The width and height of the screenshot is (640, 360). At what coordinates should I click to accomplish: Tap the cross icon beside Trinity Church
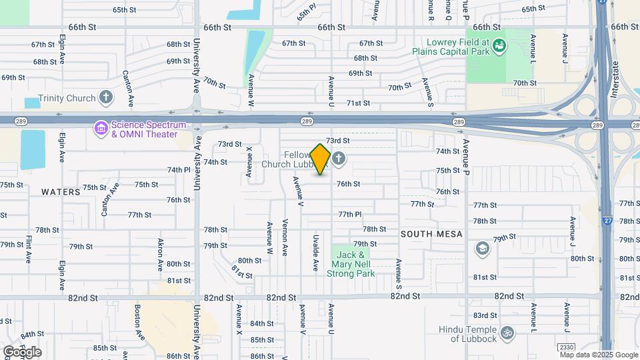point(105,98)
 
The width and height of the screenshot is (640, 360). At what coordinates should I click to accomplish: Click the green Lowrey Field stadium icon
point(499,45)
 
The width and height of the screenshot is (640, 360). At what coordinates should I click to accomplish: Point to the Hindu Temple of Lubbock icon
point(507,332)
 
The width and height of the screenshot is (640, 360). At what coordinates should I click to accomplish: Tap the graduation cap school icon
point(481,249)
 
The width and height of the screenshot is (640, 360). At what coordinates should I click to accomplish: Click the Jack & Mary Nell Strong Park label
point(350,264)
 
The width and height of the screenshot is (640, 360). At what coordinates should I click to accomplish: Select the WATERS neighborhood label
point(61,192)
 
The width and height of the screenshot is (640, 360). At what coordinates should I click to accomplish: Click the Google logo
point(22,352)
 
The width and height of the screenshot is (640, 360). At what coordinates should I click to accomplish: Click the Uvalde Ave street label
point(315,253)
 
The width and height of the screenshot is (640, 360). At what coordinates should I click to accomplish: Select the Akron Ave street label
point(161,254)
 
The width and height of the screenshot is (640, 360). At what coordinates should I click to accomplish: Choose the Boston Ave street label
point(138,322)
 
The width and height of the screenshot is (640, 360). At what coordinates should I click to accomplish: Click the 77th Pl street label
point(349,214)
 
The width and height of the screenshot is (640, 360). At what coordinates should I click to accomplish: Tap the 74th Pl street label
point(179,170)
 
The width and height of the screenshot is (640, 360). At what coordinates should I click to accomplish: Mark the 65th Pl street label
point(306,13)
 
